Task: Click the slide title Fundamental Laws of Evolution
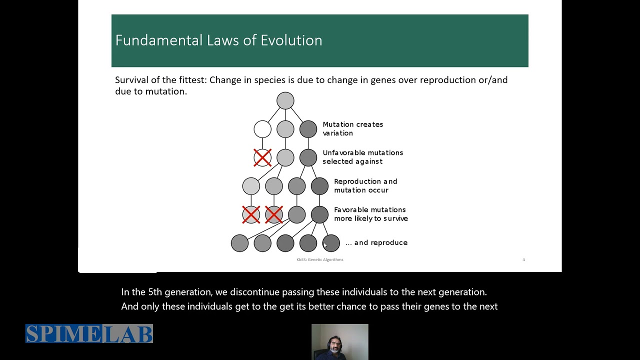pos(218,40)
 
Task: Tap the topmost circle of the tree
pos(285,100)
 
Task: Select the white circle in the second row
pos(262,129)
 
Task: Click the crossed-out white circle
pos(262,157)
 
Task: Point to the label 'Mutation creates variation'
pos(352,128)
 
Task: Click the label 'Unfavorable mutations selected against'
pos(362,157)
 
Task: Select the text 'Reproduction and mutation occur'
pos(365,185)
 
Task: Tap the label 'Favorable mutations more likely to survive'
pos(370,214)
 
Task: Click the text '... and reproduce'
pos(376,242)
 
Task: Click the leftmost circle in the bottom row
pos(239,243)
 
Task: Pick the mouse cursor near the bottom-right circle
pos(325,244)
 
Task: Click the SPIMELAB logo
pos(89,334)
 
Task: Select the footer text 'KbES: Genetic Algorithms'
pos(319,259)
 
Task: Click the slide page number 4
pos(523,259)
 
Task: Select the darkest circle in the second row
pos(308,129)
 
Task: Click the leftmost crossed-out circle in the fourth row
pos(251,214)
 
